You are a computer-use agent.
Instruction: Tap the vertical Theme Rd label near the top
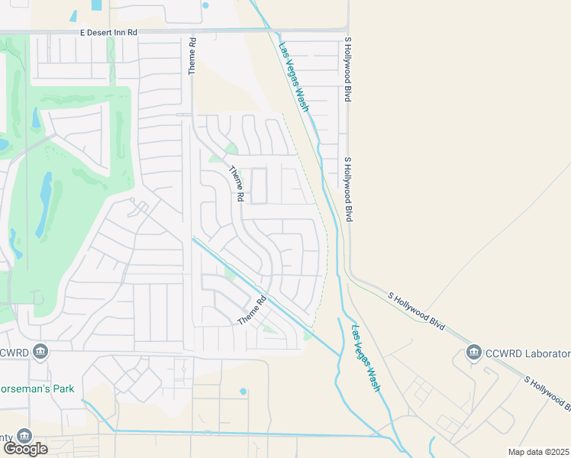(x=193, y=56)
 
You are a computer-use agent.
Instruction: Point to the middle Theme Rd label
(x=237, y=185)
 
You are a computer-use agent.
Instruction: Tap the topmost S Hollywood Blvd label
(x=347, y=70)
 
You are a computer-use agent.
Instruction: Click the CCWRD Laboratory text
(x=528, y=353)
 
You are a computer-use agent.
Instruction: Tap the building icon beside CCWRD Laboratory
(x=473, y=353)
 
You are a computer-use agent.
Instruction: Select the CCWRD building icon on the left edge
(x=41, y=352)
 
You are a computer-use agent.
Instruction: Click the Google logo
(x=25, y=449)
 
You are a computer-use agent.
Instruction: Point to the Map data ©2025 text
(x=539, y=452)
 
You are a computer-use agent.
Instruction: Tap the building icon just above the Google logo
(x=24, y=435)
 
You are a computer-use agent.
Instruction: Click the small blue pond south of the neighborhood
(x=243, y=392)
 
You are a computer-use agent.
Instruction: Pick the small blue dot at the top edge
(x=205, y=5)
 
